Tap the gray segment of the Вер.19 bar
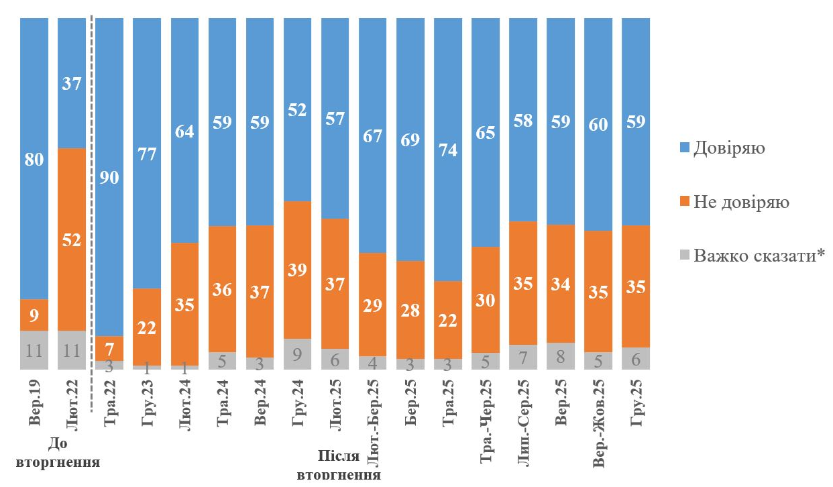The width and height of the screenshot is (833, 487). click(34, 349)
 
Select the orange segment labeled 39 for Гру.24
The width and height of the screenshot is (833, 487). click(298, 270)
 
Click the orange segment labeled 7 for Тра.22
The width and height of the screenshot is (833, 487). click(109, 348)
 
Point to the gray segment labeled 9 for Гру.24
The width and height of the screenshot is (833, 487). click(298, 354)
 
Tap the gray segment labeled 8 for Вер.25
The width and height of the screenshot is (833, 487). click(561, 356)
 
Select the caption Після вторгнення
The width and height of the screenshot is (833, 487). click(339, 466)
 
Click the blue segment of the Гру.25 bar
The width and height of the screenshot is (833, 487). click(636, 121)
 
